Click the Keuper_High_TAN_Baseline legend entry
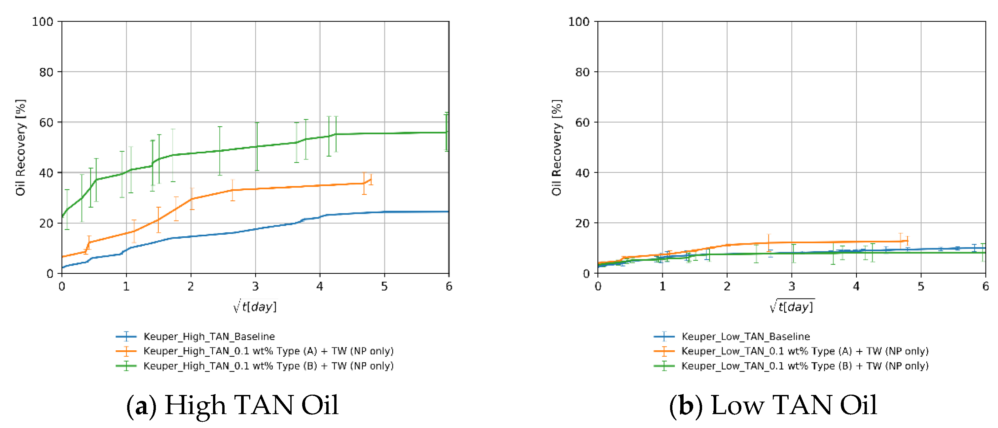pos(209,336)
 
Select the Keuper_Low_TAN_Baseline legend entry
pos(745,336)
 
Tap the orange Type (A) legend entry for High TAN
pos(268,351)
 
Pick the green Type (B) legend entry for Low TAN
pos(805,366)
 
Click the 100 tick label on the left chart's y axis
pos(42,22)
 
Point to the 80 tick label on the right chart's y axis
pos(582,72)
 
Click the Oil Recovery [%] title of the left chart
pos(20,147)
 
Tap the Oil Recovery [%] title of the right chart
pos(557,147)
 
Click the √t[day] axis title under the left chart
pos(255,306)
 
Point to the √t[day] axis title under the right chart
pos(792,306)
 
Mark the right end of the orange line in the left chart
pos(371,179)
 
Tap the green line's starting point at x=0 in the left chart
pos(62,217)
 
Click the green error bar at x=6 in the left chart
pos(447,132)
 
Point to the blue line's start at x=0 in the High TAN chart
pos(62,267)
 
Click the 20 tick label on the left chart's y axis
pos(46,224)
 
